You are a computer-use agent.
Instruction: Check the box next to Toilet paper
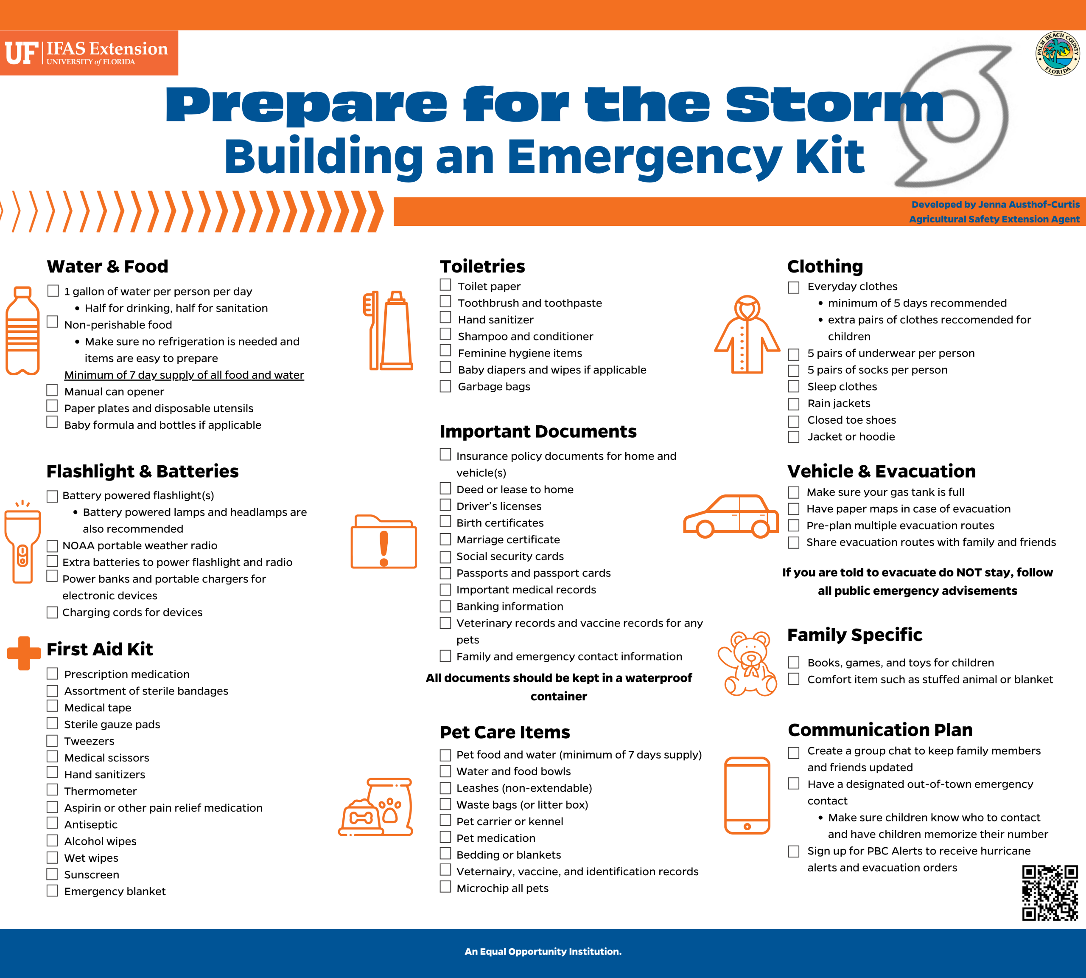pyautogui.click(x=445, y=284)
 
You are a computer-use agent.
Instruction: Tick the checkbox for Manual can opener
pyautogui.click(x=52, y=390)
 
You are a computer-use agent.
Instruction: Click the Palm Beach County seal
pyautogui.click(x=1057, y=53)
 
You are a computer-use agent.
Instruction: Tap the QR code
pyautogui.click(x=1050, y=893)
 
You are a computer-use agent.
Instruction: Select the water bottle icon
pyautogui.click(x=22, y=331)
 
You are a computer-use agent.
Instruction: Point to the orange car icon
pyautogui.click(x=731, y=517)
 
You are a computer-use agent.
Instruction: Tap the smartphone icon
pyautogui.click(x=747, y=795)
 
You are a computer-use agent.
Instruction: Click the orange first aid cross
pyautogui.click(x=24, y=653)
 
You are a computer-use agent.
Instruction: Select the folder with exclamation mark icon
pyautogui.click(x=383, y=542)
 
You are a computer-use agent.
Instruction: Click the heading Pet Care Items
pyautogui.click(x=504, y=732)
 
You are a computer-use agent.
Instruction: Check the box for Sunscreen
pyautogui.click(x=52, y=874)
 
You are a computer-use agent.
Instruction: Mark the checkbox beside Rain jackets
pyautogui.click(x=793, y=404)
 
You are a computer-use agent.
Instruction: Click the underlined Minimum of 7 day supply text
pyautogui.click(x=184, y=374)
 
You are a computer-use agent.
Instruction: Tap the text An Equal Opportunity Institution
pyautogui.click(x=543, y=951)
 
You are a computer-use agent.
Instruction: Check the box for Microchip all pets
pyautogui.click(x=445, y=887)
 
